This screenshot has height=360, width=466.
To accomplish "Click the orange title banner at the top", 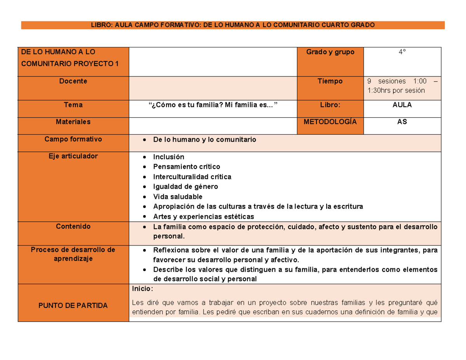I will pyautogui.click(x=233, y=25).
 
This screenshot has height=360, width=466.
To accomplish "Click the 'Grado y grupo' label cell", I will pyautogui.click(x=330, y=52).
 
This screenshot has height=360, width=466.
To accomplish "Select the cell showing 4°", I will pyautogui.click(x=402, y=52).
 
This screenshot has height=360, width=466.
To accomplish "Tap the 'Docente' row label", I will pyautogui.click(x=73, y=82).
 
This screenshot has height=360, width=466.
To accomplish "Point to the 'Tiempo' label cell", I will pyautogui.click(x=330, y=82).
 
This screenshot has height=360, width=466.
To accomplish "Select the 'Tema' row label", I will pyautogui.click(x=73, y=105).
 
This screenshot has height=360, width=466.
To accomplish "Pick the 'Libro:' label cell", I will pyautogui.click(x=330, y=105).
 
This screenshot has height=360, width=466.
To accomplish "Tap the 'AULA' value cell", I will pyautogui.click(x=402, y=105).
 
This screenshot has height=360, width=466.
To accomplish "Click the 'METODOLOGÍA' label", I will pyautogui.click(x=330, y=122).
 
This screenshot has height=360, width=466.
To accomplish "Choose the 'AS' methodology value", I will pyautogui.click(x=402, y=122).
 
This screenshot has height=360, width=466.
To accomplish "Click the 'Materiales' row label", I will pyautogui.click(x=73, y=122).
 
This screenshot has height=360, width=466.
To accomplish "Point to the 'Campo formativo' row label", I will pyautogui.click(x=73, y=139).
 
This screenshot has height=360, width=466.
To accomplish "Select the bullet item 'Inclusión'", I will pyautogui.click(x=169, y=157).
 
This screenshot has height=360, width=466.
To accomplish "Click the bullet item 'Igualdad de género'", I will pyautogui.click(x=185, y=187).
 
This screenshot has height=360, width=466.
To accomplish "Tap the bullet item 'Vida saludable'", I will pyautogui.click(x=177, y=197).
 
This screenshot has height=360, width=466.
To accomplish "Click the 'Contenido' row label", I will pyautogui.click(x=73, y=226).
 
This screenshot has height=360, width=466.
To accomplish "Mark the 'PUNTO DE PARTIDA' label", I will pyautogui.click(x=73, y=306).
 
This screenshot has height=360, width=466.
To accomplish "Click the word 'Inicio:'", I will pyautogui.click(x=143, y=289).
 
